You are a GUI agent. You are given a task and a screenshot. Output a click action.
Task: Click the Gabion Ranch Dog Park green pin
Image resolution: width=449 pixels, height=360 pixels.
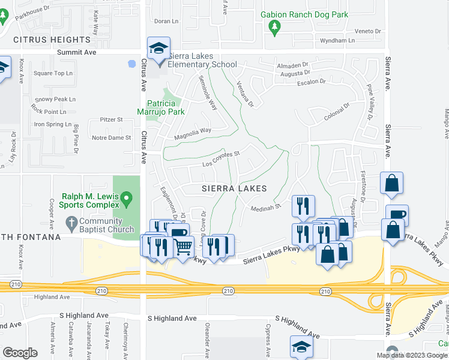(x=275, y=27)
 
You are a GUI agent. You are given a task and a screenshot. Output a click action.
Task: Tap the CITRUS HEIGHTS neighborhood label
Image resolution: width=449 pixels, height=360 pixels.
(x=52, y=40)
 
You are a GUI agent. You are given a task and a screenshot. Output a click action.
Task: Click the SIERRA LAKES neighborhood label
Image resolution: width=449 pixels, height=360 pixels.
(x=234, y=188)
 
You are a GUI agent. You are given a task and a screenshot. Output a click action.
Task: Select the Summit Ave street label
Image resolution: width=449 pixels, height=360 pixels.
(x=77, y=52)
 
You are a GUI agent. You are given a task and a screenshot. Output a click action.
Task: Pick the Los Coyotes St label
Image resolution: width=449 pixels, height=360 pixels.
(x=221, y=159)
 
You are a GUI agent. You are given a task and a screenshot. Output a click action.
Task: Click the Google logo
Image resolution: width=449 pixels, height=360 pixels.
(x=20, y=352)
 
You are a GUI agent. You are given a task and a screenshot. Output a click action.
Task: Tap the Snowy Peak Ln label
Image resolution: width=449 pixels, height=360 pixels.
(x=53, y=99)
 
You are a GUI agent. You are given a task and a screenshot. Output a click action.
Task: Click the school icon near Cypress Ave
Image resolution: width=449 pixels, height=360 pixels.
(x=301, y=346)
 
